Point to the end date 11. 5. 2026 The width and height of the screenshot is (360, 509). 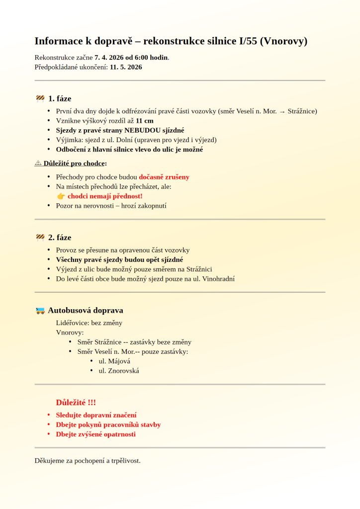pyautogui.click(x=126, y=67)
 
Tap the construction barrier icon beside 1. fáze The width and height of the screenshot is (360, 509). pyautogui.click(x=40, y=98)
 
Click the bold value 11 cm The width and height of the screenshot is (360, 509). pyautogui.click(x=145, y=121)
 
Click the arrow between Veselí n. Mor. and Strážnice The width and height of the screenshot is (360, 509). pyautogui.click(x=282, y=111)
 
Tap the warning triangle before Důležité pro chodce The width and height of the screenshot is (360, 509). pyautogui.click(x=38, y=163)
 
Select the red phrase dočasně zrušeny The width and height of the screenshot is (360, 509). pyautogui.click(x=164, y=177)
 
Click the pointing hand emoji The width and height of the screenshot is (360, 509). pyautogui.click(x=61, y=196)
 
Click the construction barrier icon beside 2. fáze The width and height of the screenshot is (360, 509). pyautogui.click(x=40, y=238)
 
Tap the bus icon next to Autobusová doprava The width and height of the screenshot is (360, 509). pyautogui.click(x=40, y=311)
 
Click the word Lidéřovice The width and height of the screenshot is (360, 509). pyautogui.click(x=73, y=323)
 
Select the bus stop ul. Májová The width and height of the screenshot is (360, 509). pyautogui.click(x=114, y=361)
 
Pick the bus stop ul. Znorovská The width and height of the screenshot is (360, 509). pyautogui.click(x=119, y=371)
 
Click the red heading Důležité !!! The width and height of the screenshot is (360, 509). pyautogui.click(x=76, y=402)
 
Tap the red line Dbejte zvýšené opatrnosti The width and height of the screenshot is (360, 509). pyautogui.click(x=95, y=434)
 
